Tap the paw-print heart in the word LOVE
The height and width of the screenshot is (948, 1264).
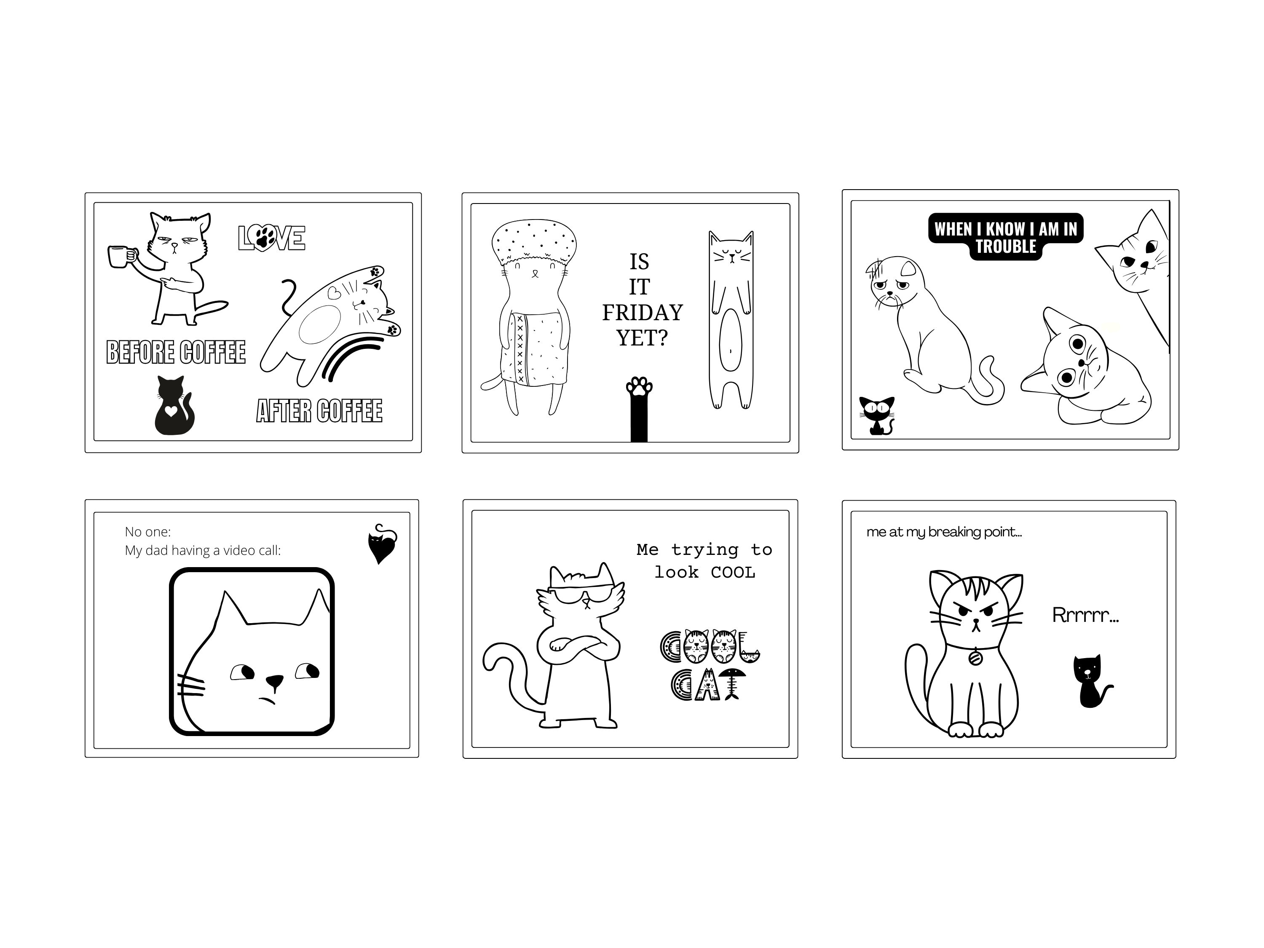[264, 237]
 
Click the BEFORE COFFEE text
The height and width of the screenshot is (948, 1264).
[176, 352]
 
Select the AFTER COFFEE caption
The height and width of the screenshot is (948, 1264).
[319, 411]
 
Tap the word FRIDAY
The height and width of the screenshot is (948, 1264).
[642, 313]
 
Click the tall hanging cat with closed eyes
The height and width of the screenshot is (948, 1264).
[731, 320]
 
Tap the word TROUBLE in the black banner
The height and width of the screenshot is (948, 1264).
[1006, 247]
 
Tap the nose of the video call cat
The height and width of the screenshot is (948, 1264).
[274, 680]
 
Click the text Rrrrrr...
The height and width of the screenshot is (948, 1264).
[1085, 616]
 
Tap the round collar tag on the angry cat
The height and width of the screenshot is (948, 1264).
[975, 658]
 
